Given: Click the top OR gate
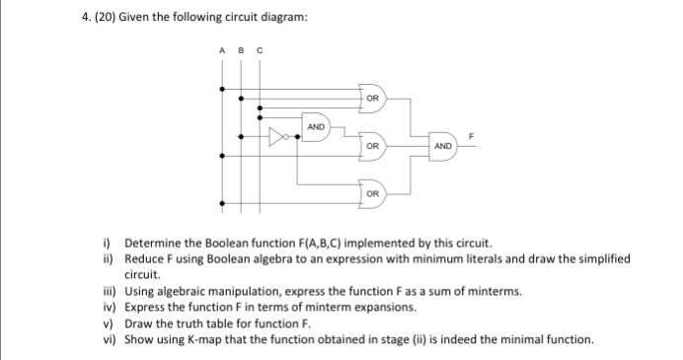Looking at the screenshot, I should point(372,99).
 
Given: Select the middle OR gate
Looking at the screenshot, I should point(372,145).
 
